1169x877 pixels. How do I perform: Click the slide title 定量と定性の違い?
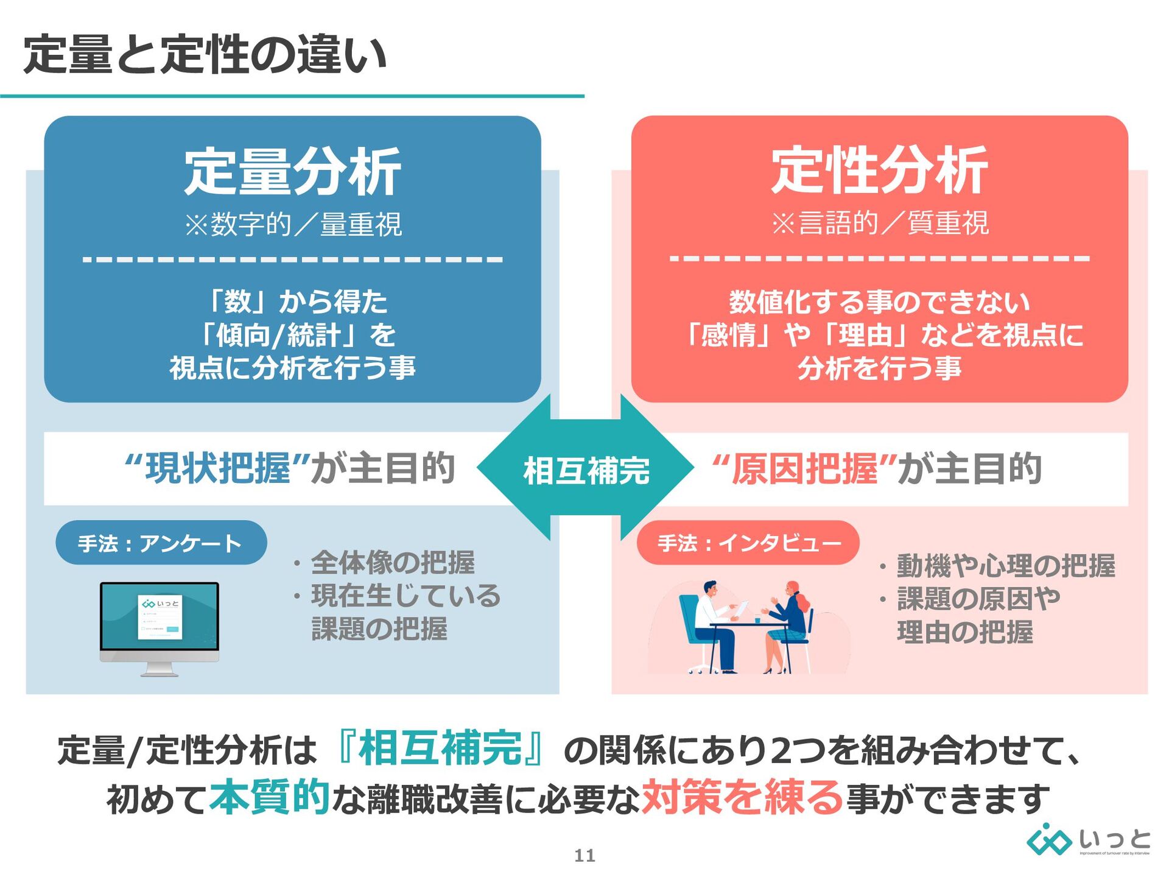click(205, 55)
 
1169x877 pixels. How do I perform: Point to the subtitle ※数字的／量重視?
click(292, 225)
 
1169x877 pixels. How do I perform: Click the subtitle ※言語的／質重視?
click(879, 223)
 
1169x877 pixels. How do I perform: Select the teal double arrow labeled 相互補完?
click(586, 469)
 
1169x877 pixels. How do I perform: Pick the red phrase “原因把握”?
click(804, 468)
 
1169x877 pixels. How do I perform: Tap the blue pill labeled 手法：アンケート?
click(161, 543)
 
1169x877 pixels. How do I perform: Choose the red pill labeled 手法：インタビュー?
click(748, 542)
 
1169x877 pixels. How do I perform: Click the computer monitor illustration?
click(160, 627)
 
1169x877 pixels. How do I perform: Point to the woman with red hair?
click(789, 621)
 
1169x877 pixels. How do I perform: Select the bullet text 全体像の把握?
click(393, 562)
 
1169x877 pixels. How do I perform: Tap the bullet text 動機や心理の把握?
click(1005, 566)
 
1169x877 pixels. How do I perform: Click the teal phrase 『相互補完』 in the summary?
click(440, 748)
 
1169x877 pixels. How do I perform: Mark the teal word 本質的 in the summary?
click(269, 797)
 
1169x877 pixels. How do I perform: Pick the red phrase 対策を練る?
click(742, 797)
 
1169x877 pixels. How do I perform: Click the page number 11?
click(584, 856)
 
